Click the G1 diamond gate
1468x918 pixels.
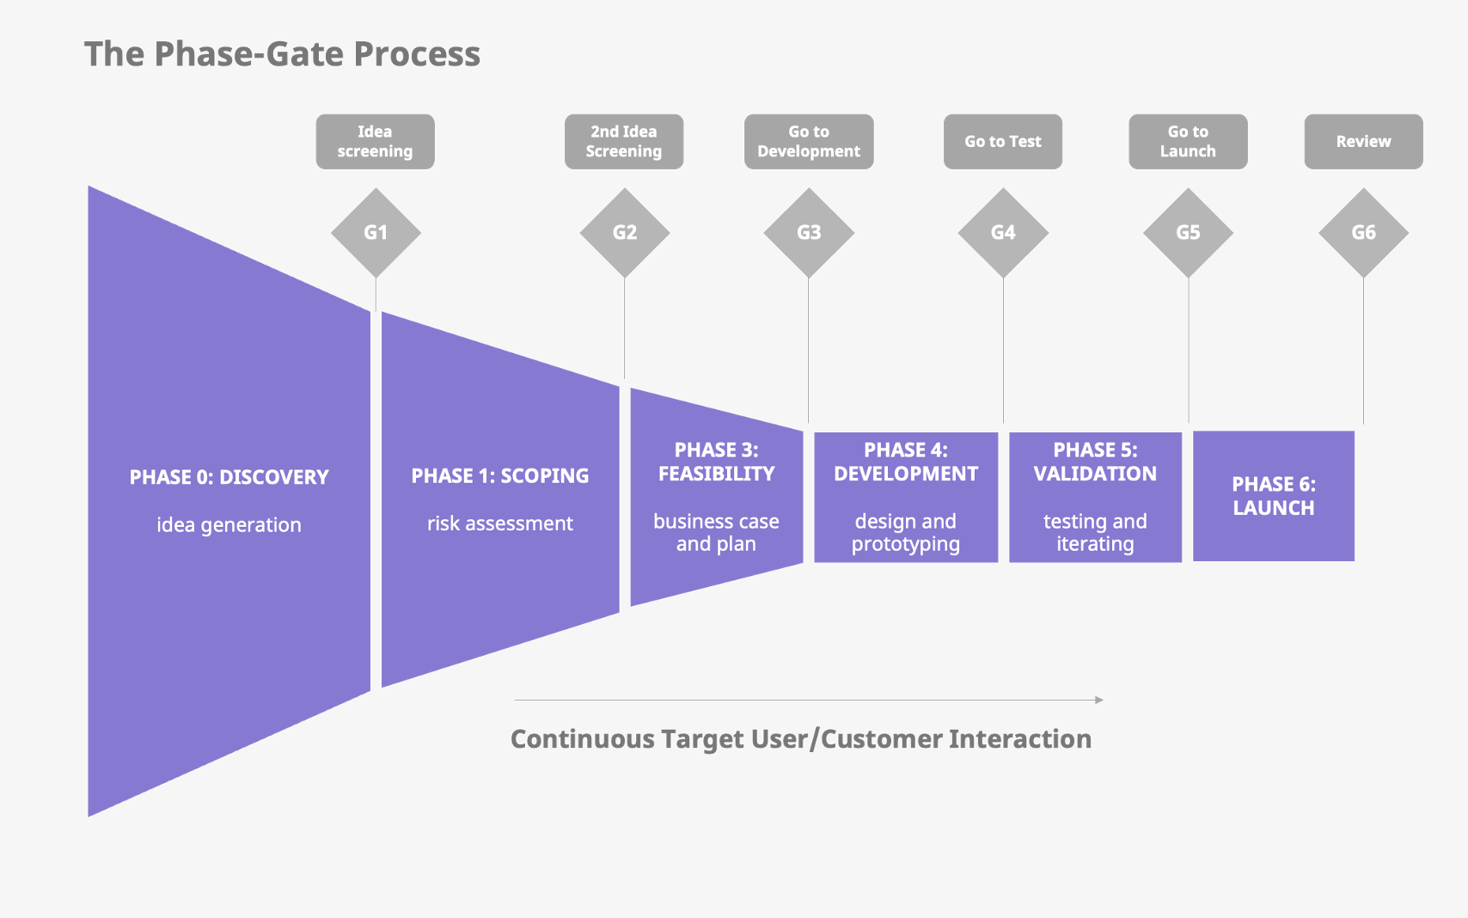(376, 232)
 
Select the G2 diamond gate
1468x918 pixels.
(625, 232)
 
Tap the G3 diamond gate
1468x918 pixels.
(809, 232)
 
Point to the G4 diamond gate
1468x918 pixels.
(1003, 232)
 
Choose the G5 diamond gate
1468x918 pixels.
(1188, 232)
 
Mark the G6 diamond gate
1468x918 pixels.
(1364, 232)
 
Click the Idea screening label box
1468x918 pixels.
(376, 142)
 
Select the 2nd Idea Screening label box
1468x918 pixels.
(624, 142)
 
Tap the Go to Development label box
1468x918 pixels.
(809, 142)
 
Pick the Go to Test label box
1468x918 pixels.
(1003, 142)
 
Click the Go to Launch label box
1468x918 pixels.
(1188, 142)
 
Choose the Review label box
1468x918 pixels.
(1364, 142)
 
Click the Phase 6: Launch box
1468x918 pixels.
(1274, 496)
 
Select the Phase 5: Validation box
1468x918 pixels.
(1095, 497)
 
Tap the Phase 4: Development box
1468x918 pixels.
(906, 497)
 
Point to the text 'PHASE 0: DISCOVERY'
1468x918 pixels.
(229, 477)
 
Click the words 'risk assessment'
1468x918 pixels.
(500, 523)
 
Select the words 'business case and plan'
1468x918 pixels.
(716, 533)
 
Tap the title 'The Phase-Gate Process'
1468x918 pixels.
(282, 54)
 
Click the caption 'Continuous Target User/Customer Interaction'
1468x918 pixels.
(801, 739)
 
